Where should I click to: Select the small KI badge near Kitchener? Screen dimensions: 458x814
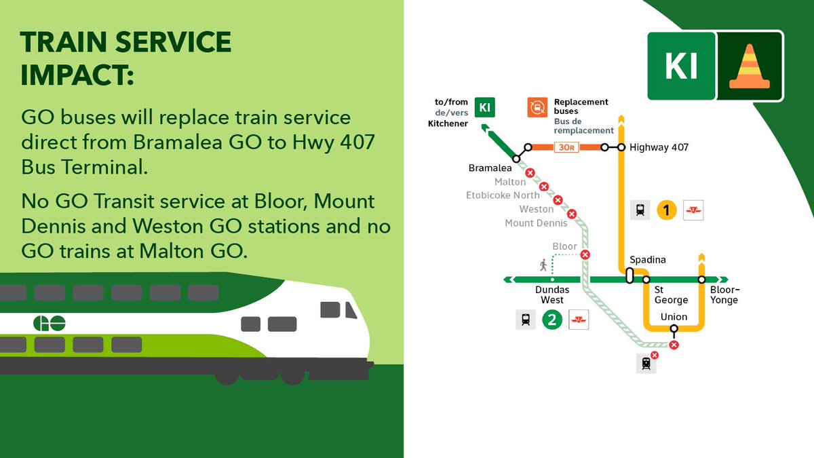(x=484, y=108)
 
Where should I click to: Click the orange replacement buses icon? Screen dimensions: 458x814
(x=537, y=107)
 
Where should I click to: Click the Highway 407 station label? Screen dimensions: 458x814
(x=659, y=147)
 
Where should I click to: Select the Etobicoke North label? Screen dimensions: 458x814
(x=503, y=195)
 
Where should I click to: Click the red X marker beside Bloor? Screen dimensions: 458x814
(x=585, y=255)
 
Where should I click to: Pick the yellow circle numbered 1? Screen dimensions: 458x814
(x=667, y=210)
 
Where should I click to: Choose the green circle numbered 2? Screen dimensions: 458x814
(x=552, y=320)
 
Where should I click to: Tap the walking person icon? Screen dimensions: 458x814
(x=543, y=265)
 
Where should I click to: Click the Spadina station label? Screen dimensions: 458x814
(x=648, y=260)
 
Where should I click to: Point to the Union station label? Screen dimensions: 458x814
(x=674, y=317)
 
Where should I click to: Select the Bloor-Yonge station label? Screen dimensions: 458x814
(x=724, y=295)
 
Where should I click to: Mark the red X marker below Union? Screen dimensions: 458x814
(x=674, y=345)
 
